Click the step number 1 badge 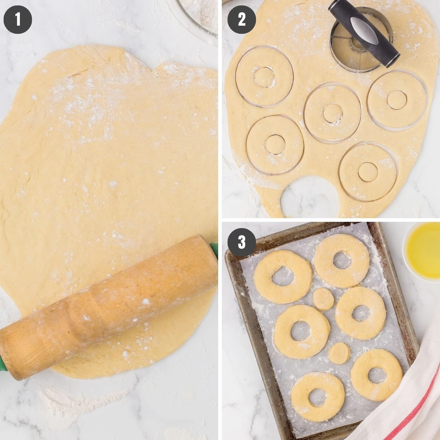[18, 19]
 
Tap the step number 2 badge [242, 19]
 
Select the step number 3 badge [242, 242]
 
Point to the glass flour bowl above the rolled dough [198, 15]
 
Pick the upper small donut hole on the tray [323, 298]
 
